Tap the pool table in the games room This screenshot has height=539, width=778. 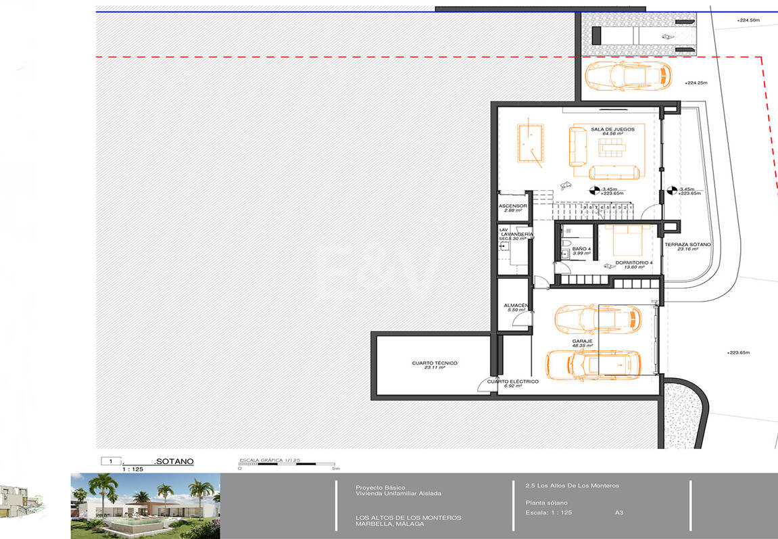click(531, 142)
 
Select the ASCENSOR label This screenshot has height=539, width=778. click(513, 206)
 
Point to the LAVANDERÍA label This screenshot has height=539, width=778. click(517, 234)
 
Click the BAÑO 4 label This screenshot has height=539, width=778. click(581, 250)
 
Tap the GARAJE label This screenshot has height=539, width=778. click(582, 342)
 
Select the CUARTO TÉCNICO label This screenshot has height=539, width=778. click(435, 363)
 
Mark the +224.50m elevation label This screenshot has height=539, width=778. click(748, 21)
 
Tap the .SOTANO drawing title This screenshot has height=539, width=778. click(174, 461)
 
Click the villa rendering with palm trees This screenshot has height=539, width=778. click(145, 505)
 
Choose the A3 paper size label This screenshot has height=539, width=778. click(619, 513)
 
